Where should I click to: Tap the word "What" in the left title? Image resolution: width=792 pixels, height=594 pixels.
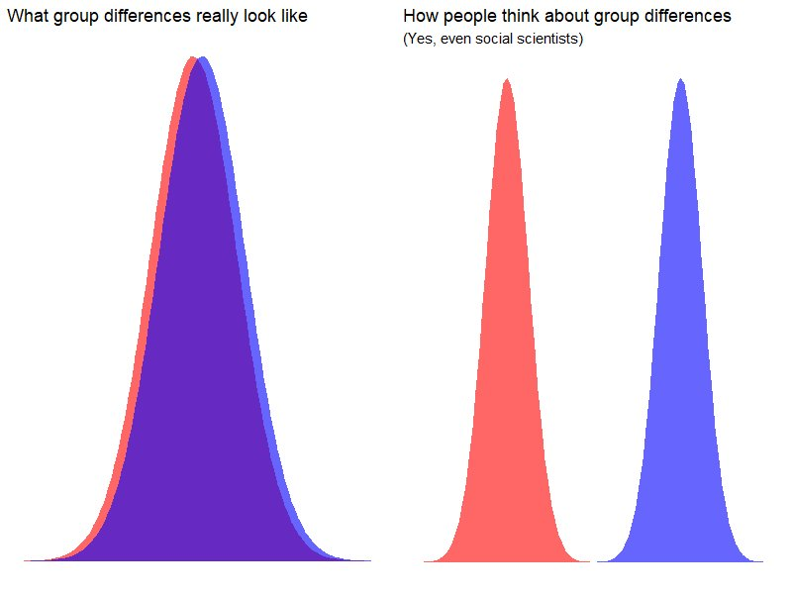(27, 17)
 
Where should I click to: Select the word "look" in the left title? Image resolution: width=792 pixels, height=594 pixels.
(261, 17)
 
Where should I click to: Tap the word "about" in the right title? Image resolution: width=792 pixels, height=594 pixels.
(567, 17)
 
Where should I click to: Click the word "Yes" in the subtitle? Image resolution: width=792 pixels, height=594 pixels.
(421, 41)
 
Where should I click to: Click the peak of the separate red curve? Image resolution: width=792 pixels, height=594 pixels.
(507, 81)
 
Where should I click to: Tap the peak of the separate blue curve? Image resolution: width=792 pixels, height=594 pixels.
(680, 81)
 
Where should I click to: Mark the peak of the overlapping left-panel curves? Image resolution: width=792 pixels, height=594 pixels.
(197, 61)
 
